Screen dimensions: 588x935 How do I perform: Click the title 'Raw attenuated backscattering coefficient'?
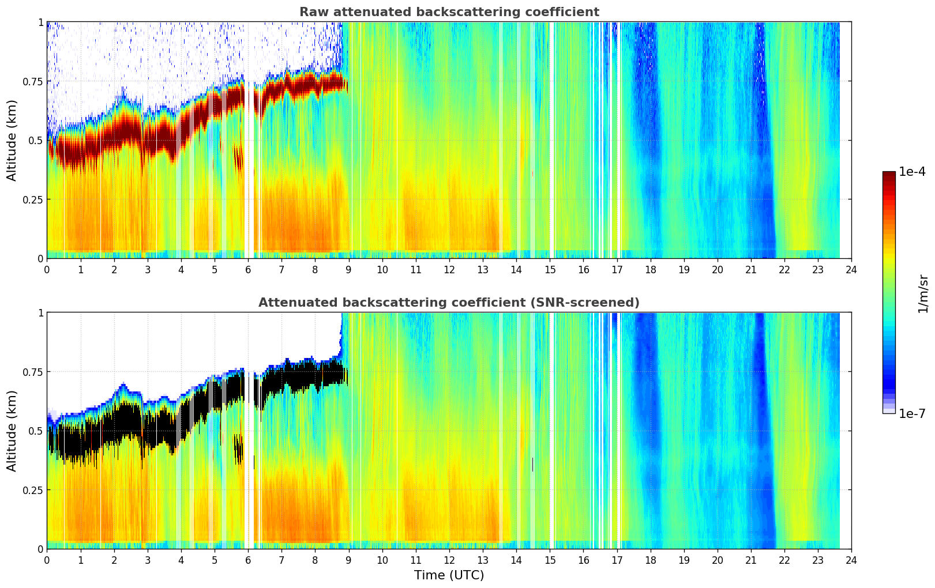(x=449, y=12)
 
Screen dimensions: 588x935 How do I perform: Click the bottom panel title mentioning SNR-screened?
(x=449, y=303)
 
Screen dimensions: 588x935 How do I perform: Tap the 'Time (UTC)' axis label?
(x=449, y=575)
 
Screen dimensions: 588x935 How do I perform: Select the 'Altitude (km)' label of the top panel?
(x=12, y=140)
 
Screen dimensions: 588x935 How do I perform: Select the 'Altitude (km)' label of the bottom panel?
(x=12, y=431)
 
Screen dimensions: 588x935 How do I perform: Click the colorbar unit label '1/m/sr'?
(x=923, y=293)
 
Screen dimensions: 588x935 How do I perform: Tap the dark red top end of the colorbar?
(x=889, y=175)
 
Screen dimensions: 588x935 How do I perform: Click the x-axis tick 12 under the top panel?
(x=449, y=269)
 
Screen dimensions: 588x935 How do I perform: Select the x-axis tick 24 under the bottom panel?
(x=851, y=560)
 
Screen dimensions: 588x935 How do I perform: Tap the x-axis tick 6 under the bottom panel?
(x=248, y=560)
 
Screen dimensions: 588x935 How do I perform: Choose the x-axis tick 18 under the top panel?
(x=650, y=269)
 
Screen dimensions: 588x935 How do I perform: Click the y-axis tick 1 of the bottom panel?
(x=40, y=313)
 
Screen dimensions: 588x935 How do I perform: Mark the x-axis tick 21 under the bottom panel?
(x=750, y=560)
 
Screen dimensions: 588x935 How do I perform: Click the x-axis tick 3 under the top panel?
(x=148, y=269)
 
